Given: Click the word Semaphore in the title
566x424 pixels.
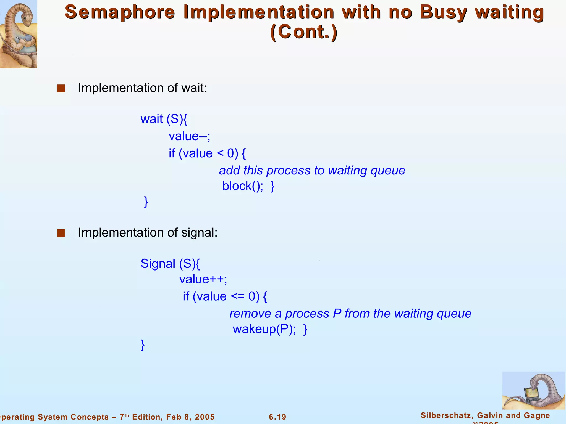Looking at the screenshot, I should (120, 12).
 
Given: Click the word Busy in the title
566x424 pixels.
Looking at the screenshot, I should (443, 12).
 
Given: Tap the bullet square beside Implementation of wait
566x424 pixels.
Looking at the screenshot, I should (61, 89).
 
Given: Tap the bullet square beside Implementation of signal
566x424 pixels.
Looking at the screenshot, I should (61, 233).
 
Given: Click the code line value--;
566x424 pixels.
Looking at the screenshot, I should (189, 136).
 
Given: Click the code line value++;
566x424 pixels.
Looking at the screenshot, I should (203, 279).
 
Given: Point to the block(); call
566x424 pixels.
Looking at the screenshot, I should (243, 186).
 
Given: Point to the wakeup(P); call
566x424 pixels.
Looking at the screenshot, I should (264, 329).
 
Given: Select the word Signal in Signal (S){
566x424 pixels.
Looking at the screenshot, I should (158, 264).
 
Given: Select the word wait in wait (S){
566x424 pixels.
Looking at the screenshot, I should (151, 119).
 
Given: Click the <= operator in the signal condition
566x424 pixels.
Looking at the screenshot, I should (238, 296).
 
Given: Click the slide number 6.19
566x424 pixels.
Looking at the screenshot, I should (277, 417).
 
